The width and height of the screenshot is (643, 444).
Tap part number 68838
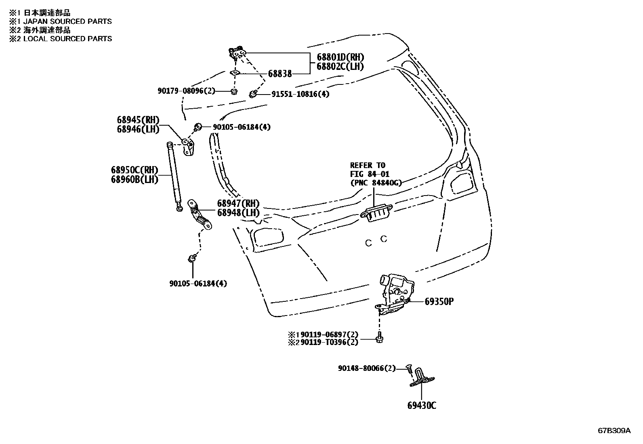280,74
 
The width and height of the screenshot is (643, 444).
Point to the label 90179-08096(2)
187,91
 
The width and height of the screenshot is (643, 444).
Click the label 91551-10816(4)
300,94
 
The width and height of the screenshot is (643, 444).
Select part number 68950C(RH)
134,170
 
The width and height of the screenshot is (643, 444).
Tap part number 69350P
439,301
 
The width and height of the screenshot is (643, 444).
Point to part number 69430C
422,405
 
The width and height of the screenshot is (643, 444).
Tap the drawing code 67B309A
614,431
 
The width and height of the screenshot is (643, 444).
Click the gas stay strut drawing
174,176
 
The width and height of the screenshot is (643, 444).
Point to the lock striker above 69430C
422,378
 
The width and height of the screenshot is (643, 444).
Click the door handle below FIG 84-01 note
375,213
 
